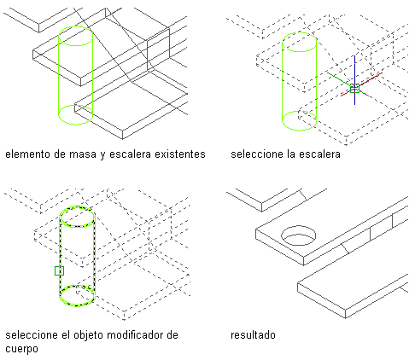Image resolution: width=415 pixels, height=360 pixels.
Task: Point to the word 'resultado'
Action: tap(253, 335)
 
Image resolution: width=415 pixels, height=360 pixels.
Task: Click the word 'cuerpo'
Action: tap(21, 349)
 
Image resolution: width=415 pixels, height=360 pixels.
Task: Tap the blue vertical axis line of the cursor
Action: tap(354, 80)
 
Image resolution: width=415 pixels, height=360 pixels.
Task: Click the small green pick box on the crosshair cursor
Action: tap(354, 88)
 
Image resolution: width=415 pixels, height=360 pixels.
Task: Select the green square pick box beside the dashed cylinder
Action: tap(59, 270)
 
